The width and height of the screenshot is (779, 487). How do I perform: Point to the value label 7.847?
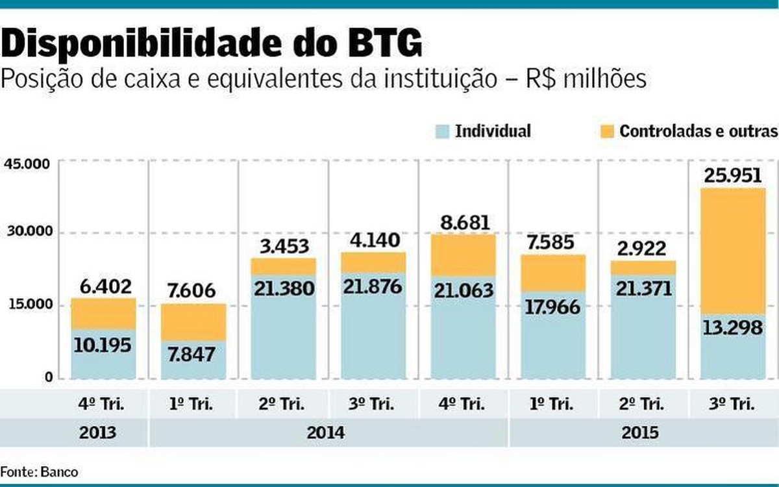pos(193,354)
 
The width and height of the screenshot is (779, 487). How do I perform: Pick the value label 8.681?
pos(464,221)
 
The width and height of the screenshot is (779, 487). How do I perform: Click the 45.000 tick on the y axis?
pos(27,164)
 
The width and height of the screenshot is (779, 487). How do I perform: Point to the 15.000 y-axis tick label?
pos(27,304)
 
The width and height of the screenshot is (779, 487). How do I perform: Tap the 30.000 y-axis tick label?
pos(27,232)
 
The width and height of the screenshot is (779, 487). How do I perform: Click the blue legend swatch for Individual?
pos(441,132)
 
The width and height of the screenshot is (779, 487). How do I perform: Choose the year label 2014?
pos(328,432)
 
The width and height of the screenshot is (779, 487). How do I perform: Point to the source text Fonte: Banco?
pos(39,472)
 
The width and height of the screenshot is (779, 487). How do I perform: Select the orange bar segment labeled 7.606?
pos(193,321)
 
